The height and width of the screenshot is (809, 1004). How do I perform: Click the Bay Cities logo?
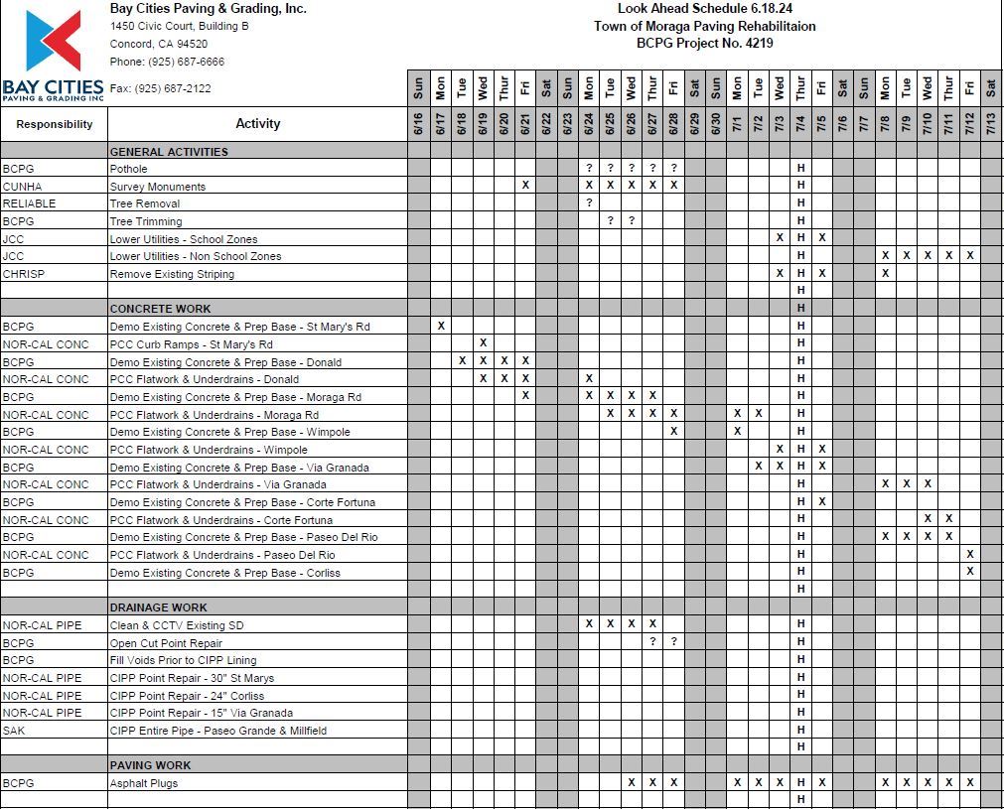click(54, 55)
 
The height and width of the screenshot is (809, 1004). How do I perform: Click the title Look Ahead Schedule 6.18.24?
click(704, 9)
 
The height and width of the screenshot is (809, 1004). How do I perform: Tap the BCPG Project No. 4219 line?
click(704, 43)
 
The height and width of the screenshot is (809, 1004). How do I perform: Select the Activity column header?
click(257, 124)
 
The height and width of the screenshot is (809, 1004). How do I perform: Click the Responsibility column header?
click(55, 124)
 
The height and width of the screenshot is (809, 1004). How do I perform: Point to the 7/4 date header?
click(800, 124)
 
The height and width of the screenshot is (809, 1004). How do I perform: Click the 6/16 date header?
click(418, 124)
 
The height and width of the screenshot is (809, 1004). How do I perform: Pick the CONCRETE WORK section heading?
click(160, 309)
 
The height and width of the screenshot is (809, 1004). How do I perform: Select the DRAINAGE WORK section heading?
click(158, 607)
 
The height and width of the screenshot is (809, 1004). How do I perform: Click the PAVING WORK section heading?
click(150, 765)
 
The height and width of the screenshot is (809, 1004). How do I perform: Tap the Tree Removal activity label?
click(145, 203)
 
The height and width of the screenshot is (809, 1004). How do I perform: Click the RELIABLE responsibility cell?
click(29, 203)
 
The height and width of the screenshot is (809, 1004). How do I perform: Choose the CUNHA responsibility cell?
click(22, 187)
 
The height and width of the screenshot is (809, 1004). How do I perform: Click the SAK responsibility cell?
click(14, 731)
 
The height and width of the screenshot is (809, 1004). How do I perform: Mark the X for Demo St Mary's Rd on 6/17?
click(441, 326)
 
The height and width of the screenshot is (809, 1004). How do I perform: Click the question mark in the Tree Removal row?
click(589, 203)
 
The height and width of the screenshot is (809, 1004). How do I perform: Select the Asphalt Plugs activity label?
click(144, 783)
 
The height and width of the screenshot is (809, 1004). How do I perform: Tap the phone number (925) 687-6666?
click(167, 62)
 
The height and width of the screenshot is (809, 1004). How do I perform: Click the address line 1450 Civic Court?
click(179, 26)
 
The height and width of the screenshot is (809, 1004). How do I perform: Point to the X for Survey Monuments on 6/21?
click(525, 186)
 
